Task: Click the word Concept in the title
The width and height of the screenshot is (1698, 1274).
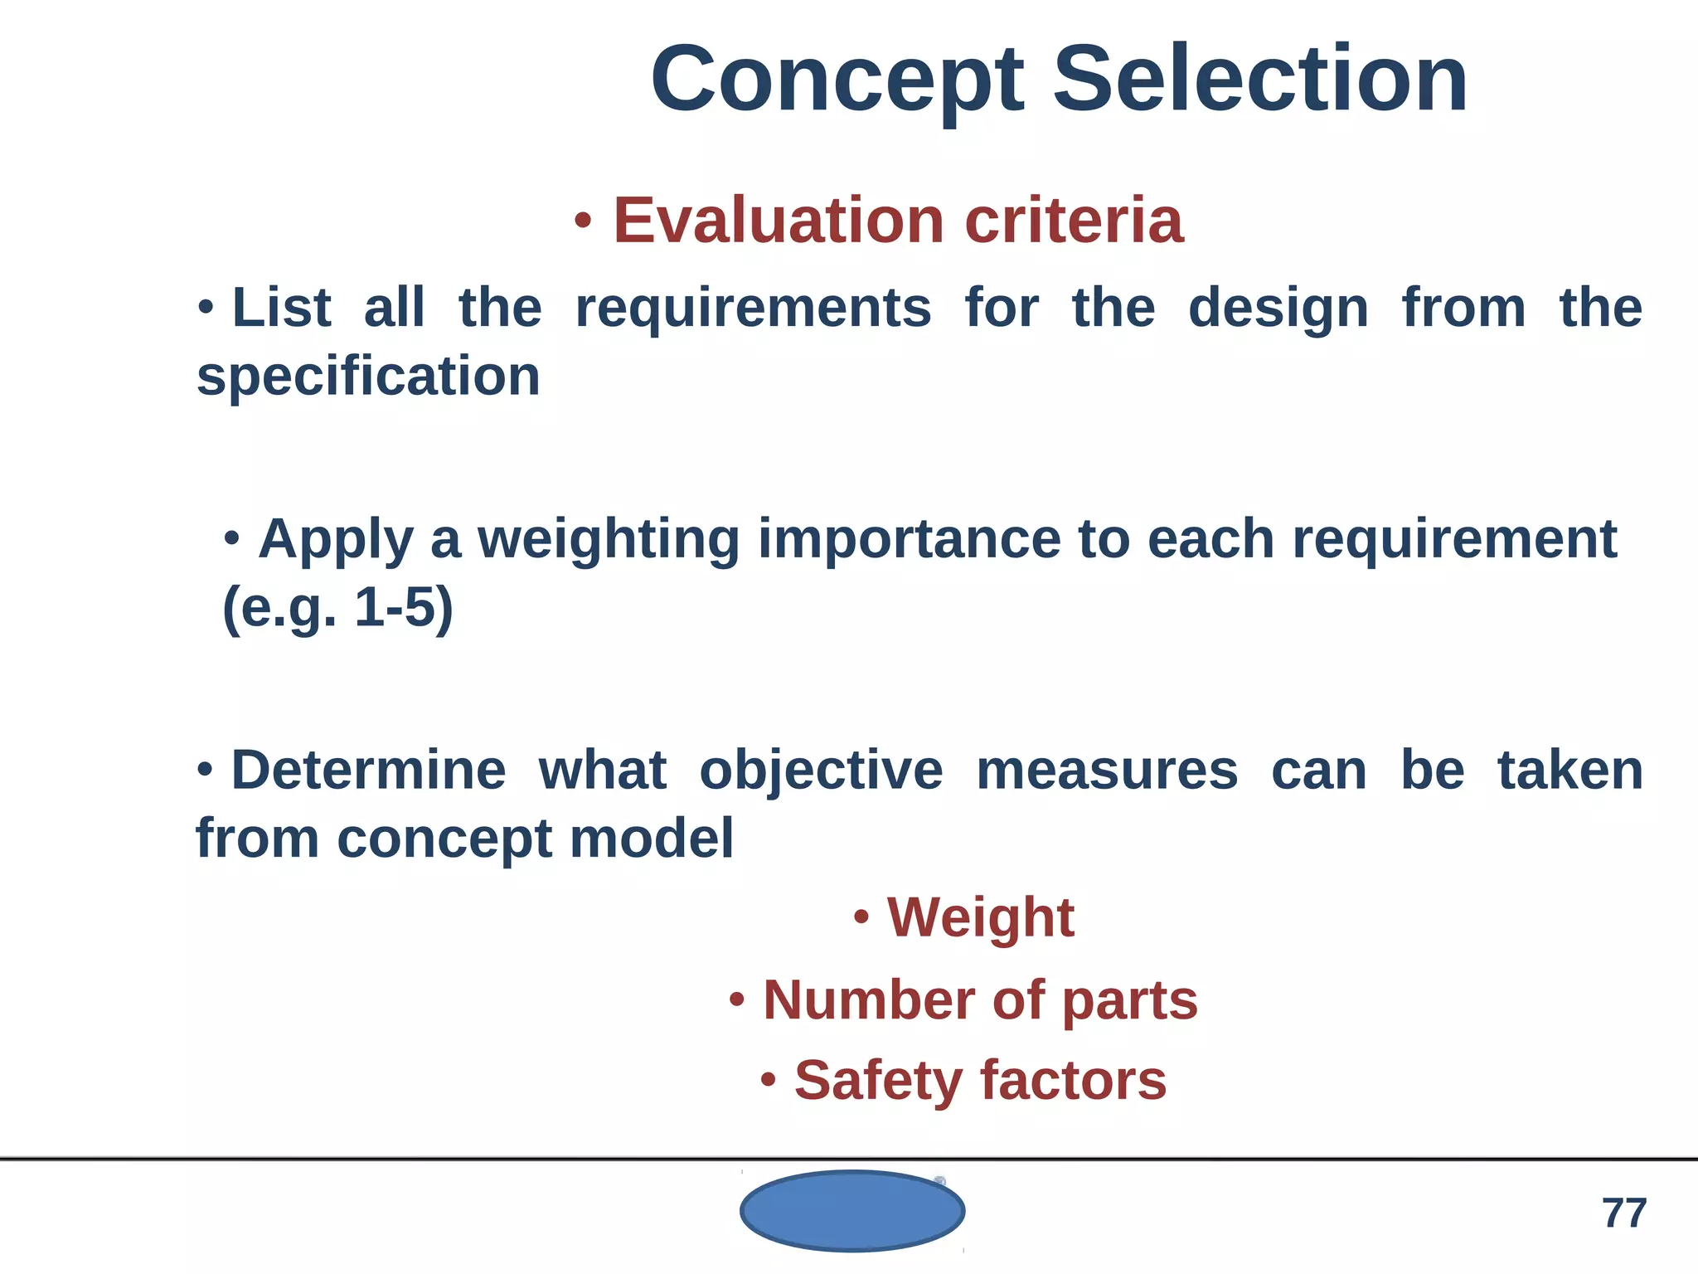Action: click(837, 81)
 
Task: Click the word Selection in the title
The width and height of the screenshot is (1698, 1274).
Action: click(1260, 80)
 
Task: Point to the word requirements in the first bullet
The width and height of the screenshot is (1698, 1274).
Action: click(753, 309)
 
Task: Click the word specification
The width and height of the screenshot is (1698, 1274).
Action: click(368, 377)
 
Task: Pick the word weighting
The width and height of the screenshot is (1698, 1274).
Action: click(608, 540)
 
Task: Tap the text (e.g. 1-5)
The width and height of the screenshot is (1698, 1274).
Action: click(338, 608)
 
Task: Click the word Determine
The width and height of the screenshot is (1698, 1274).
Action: click(368, 771)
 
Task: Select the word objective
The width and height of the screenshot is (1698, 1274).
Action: click(821, 771)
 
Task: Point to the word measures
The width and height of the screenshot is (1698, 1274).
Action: click(1107, 771)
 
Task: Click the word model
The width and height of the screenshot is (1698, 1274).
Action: click(652, 839)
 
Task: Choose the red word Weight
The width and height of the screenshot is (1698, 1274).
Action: click(981, 918)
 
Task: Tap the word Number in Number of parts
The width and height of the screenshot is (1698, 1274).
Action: click(868, 1000)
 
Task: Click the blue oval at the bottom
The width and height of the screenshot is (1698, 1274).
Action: click(852, 1210)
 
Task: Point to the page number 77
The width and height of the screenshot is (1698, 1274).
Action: click(1623, 1213)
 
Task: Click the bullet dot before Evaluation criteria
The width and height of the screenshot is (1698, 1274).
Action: click(583, 221)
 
